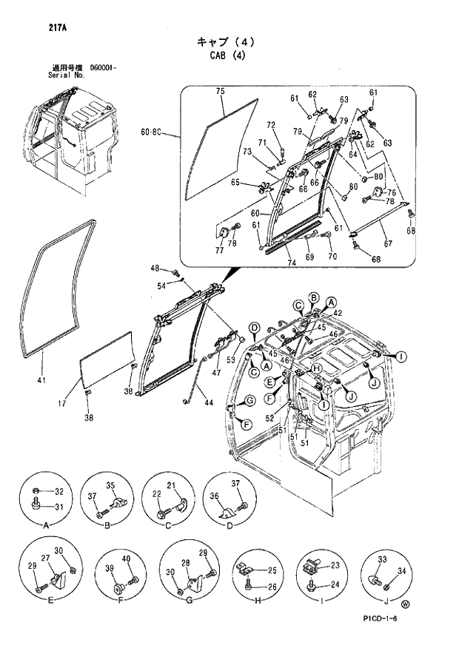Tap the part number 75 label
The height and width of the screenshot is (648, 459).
coord(220,91)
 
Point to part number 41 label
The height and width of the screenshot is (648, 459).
coord(41,381)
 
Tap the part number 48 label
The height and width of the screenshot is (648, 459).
coord(155,268)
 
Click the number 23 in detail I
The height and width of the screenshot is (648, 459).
coord(334,566)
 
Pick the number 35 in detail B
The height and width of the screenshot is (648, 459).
coord(111,486)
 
